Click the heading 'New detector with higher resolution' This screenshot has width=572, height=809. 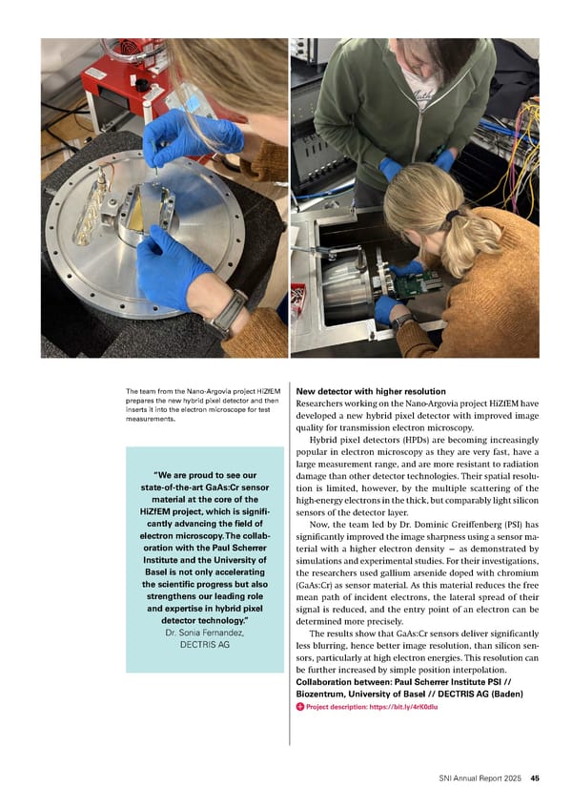pos(371,392)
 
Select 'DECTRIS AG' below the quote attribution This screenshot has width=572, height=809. pos(204,645)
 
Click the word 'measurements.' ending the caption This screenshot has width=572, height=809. pos(154,418)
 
